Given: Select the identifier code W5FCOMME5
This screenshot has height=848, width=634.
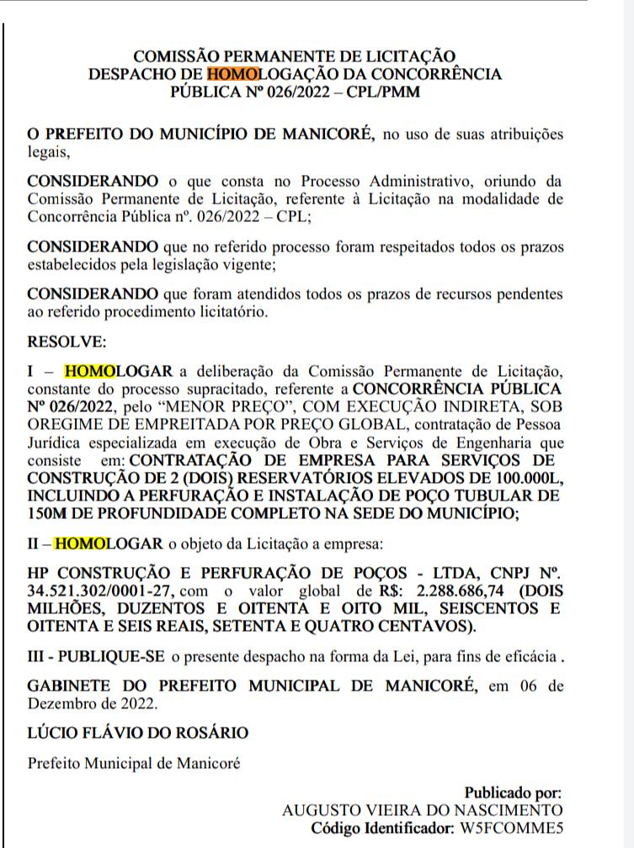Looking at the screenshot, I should (x=504, y=827).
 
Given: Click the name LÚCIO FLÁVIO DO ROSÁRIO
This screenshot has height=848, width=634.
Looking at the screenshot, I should (x=137, y=732).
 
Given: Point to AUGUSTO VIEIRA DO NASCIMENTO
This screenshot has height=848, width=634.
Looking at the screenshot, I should (x=422, y=809).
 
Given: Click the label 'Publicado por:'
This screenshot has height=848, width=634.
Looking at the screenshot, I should (x=512, y=792).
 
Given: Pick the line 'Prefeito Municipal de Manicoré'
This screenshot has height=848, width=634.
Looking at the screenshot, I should (x=134, y=764).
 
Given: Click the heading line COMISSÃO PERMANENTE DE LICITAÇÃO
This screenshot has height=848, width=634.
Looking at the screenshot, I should (x=295, y=56).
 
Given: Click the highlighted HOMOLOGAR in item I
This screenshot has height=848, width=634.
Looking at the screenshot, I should (x=118, y=371).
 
